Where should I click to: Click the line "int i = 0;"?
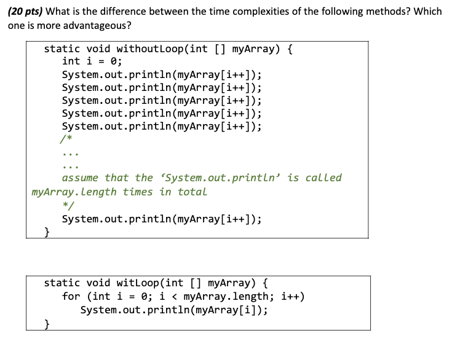tap(92, 61)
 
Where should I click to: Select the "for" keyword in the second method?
tap(71, 297)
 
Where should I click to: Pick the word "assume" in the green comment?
tap(80, 178)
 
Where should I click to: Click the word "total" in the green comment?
tap(192, 192)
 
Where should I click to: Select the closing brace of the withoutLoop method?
tap(48, 232)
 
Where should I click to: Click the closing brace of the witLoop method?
tap(48, 323)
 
